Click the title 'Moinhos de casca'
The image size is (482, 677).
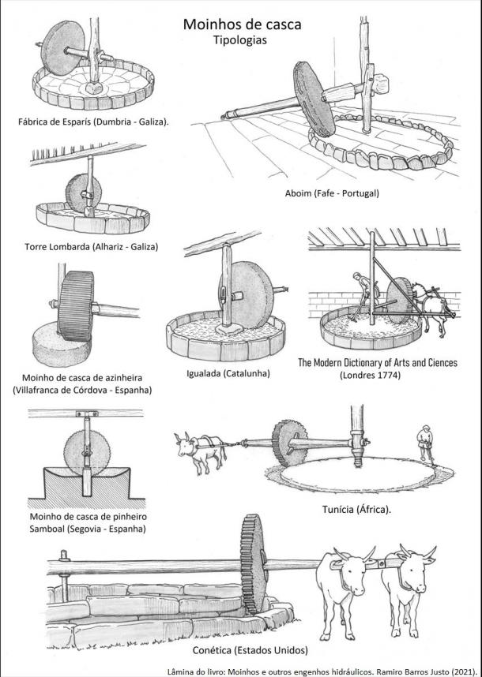point(242,24)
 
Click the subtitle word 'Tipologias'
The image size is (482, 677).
point(242,42)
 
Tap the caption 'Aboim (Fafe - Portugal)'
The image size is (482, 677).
point(332,193)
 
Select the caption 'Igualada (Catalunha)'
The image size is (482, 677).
point(228,372)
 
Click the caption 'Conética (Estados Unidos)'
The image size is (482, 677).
point(250,650)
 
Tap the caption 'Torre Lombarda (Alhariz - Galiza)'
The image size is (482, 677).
point(90,246)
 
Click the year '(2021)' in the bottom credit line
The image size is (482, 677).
point(462,671)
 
